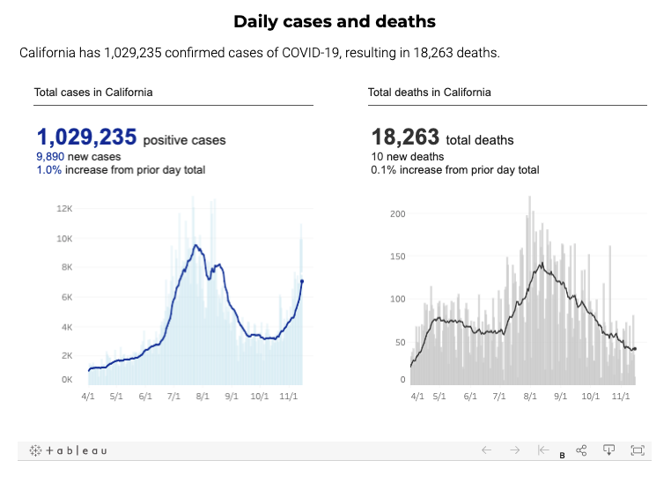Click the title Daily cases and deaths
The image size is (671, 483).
click(x=335, y=21)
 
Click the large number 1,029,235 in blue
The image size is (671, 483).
click(x=86, y=137)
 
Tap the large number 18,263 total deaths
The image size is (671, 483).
click(x=406, y=137)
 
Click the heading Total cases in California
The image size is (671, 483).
click(x=93, y=92)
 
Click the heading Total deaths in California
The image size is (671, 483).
click(x=430, y=92)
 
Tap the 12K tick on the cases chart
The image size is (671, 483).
click(x=63, y=209)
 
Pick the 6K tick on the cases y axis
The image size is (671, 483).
click(x=66, y=297)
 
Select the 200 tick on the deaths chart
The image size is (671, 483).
click(x=396, y=214)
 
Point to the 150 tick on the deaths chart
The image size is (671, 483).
click(x=396, y=256)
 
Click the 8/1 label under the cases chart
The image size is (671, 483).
click(x=202, y=397)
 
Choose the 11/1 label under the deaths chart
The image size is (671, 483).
click(x=622, y=397)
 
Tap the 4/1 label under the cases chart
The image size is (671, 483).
click(x=88, y=397)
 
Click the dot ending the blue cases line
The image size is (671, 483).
click(x=302, y=281)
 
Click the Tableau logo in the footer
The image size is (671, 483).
click(x=68, y=450)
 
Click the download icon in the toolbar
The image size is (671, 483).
click(x=608, y=450)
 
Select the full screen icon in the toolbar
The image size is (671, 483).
click(x=638, y=450)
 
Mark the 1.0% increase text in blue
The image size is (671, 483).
click(x=48, y=169)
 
